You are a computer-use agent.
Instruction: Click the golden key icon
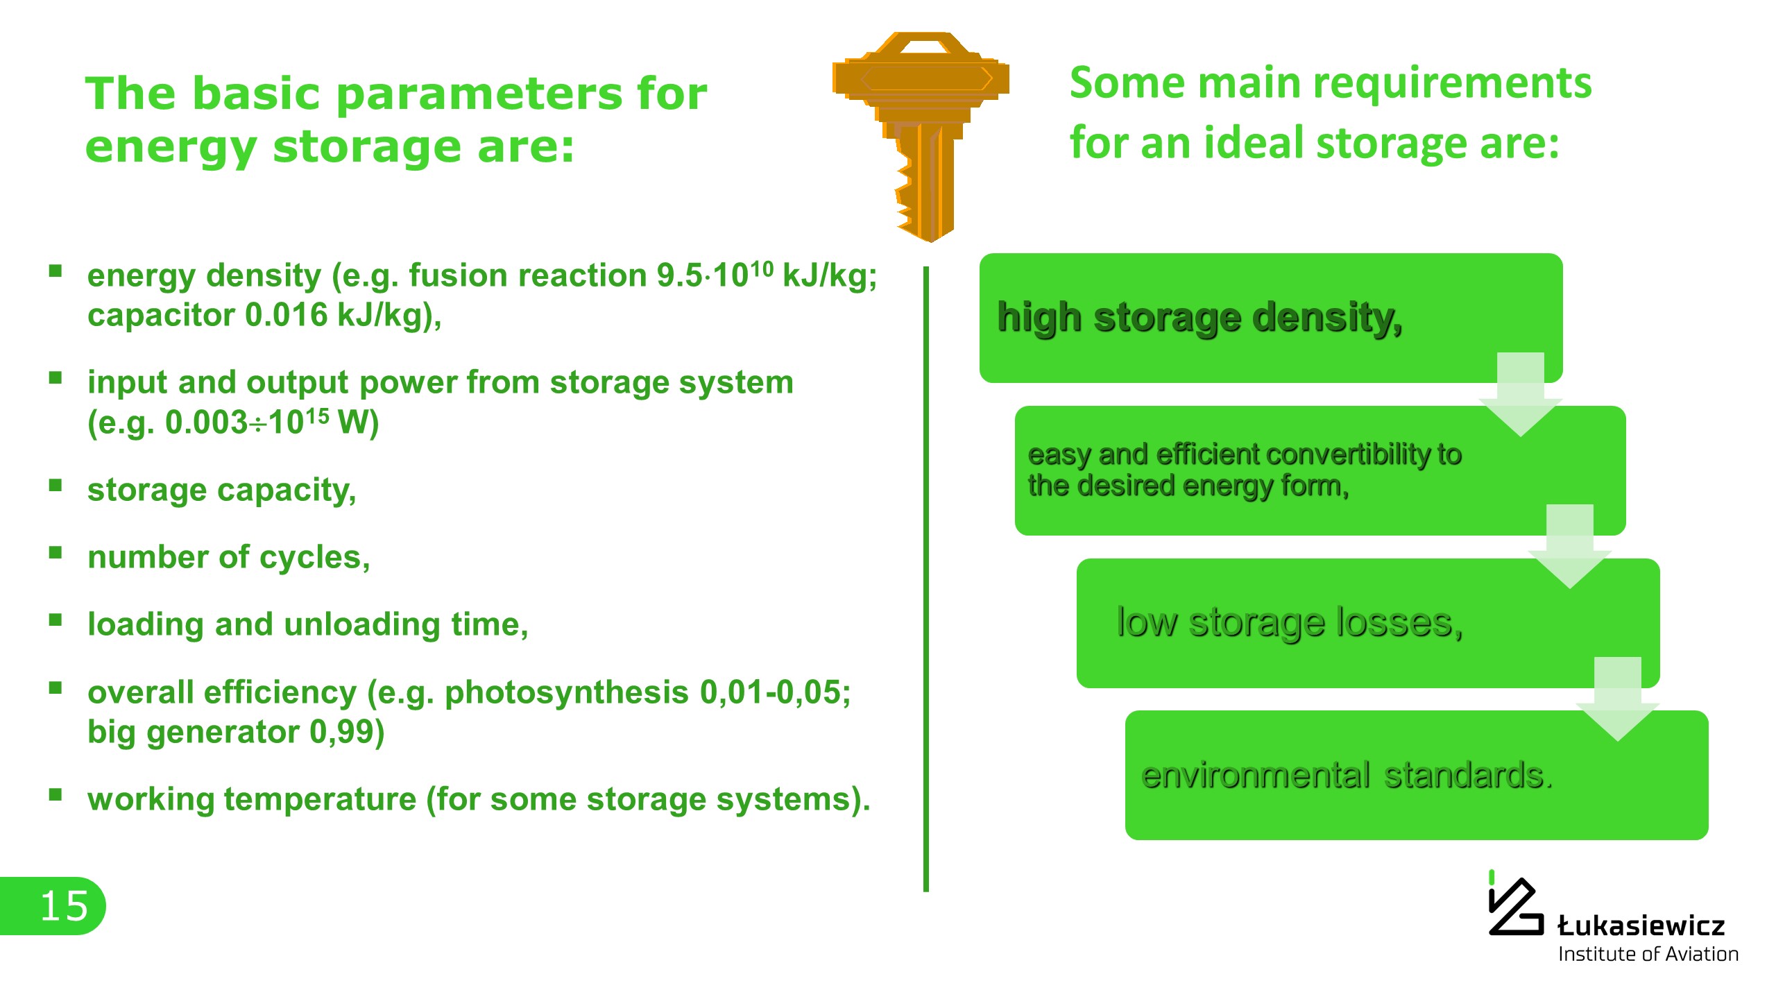coord(921,136)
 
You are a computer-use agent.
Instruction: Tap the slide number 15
coord(64,907)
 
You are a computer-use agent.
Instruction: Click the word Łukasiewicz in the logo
coord(1641,925)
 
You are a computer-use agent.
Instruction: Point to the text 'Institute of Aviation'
coord(1648,955)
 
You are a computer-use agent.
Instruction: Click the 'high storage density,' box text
coord(1199,318)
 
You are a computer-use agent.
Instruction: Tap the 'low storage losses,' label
coord(1290,622)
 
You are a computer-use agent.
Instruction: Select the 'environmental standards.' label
coord(1347,775)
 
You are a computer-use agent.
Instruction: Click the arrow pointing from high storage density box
coord(1520,394)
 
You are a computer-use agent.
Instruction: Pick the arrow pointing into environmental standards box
coord(1617,699)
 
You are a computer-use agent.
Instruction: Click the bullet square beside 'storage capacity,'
coord(55,486)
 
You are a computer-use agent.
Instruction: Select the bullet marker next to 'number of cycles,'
coord(55,553)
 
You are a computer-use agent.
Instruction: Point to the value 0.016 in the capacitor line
coord(286,315)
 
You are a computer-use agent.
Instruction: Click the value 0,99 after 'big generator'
coord(346,733)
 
